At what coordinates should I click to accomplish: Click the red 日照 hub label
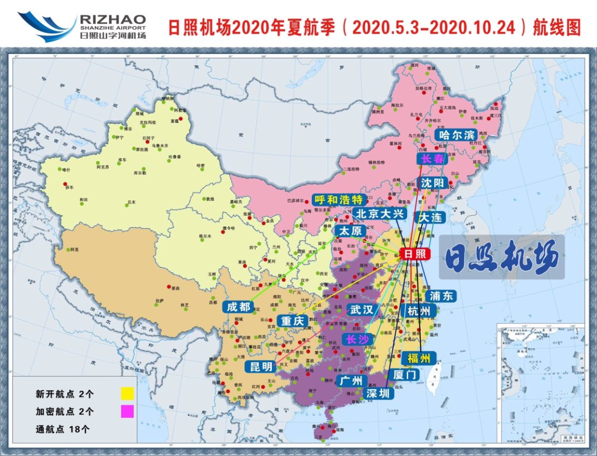point(415,253)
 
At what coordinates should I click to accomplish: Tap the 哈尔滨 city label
point(455,135)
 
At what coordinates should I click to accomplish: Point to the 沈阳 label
point(432,183)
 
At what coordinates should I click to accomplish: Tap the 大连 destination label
point(431,218)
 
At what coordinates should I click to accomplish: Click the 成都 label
point(239,307)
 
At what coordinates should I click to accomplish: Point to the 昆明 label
point(261,367)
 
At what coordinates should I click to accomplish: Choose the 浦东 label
point(441,295)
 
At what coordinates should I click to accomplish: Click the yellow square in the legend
point(128,394)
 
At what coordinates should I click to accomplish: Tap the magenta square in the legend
point(128,411)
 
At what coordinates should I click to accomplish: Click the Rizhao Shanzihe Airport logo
point(83,26)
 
